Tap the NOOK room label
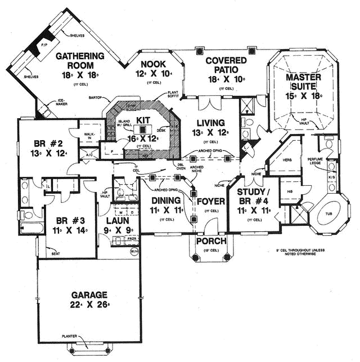154,64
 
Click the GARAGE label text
89,295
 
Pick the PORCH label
210,242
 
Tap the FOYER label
211,201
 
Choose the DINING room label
165,201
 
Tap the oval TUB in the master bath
328,214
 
